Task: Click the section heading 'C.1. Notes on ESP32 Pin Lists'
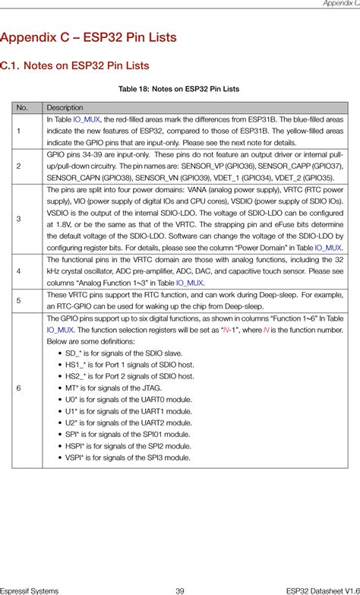(74, 65)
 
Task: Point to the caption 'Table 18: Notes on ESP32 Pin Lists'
(179, 89)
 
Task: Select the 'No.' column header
(22, 108)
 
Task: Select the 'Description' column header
(65, 108)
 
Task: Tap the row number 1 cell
(17, 131)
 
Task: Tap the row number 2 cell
(17, 166)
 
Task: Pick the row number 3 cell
(17, 218)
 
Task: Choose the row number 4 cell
(17, 271)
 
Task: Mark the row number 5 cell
(17, 300)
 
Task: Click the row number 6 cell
(17, 388)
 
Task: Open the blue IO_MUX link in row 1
(87, 120)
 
